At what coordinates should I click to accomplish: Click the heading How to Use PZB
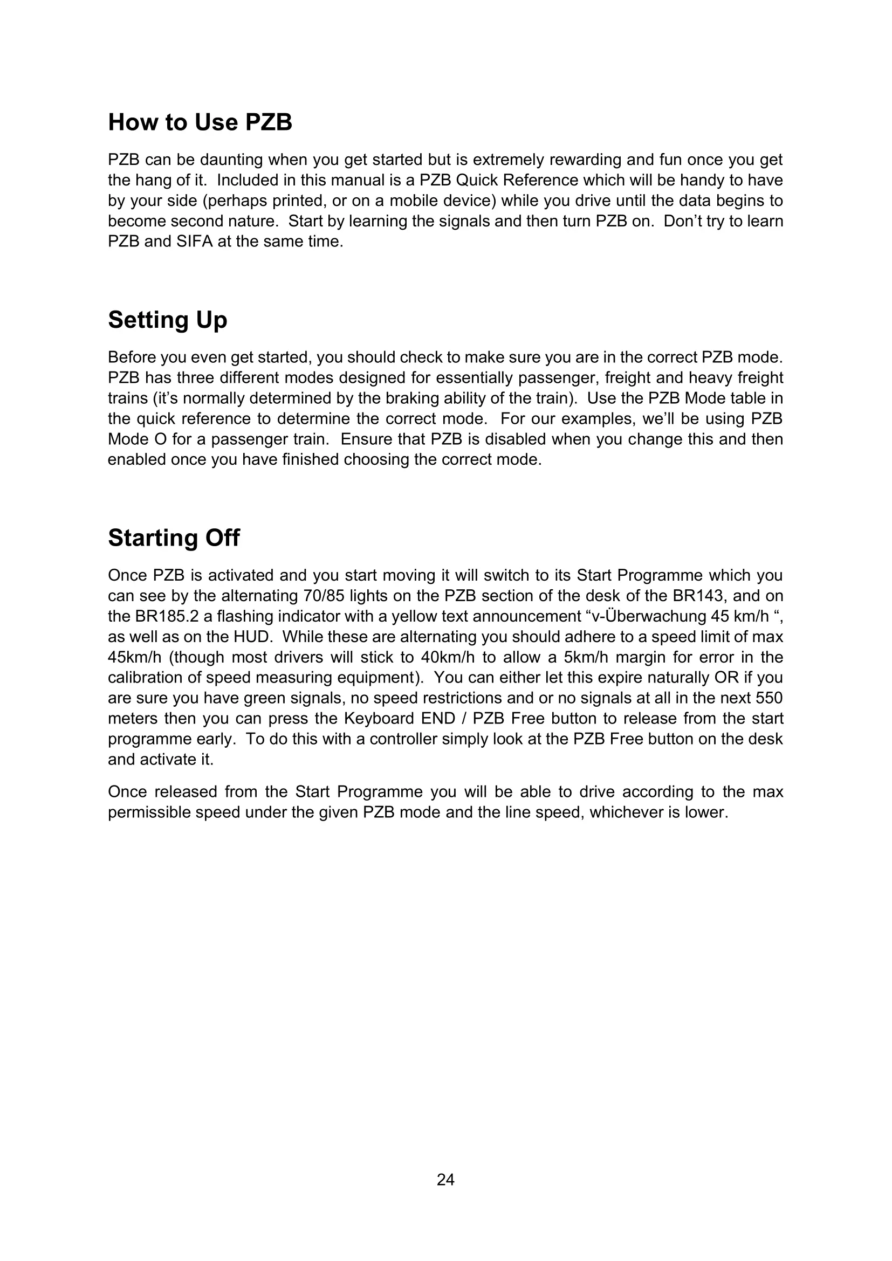(x=200, y=122)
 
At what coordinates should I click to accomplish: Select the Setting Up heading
(x=168, y=320)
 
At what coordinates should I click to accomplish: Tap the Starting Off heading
(x=174, y=538)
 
